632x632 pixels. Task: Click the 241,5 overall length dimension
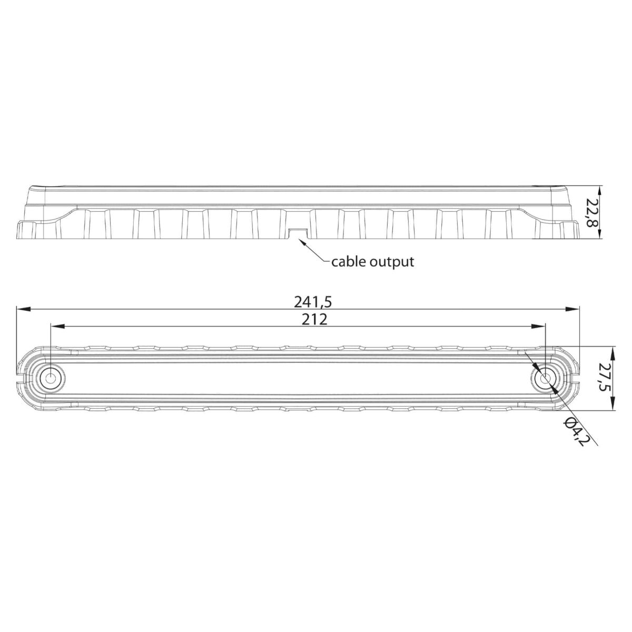coord(313,302)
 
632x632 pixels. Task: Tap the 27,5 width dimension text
coord(605,378)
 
